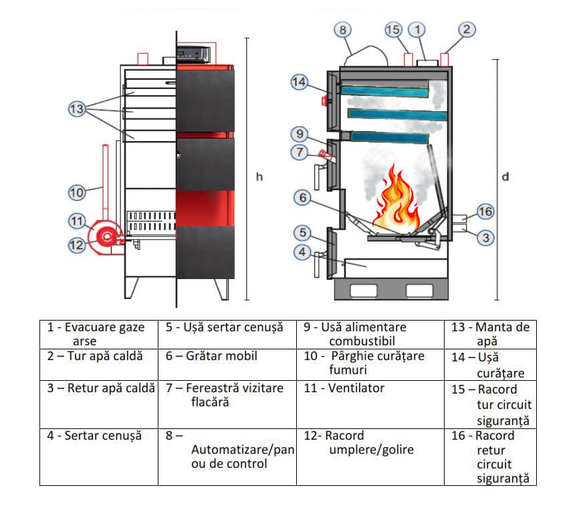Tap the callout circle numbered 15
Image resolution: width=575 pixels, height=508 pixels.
[393, 29]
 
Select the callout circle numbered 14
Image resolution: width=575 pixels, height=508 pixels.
[299, 82]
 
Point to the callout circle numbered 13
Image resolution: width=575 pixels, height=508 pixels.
[78, 108]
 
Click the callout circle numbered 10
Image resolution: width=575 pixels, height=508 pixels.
[78, 193]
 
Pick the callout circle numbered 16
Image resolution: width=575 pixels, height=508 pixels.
[485, 212]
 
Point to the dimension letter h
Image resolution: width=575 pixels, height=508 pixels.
[259, 177]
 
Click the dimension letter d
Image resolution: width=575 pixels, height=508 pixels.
[506, 177]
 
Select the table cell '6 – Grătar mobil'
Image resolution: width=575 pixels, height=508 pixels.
[227, 357]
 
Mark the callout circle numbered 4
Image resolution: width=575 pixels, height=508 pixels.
[303, 252]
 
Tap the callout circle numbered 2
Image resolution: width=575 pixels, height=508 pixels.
[467, 29]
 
